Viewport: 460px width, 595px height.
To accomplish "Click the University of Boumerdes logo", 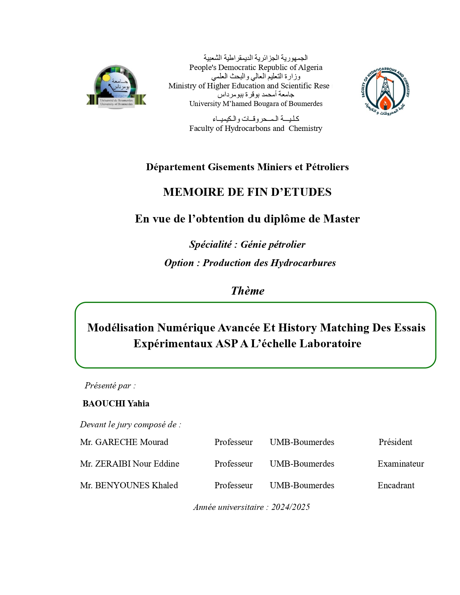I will (x=116, y=87).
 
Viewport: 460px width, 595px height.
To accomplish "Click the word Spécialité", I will (x=210, y=244).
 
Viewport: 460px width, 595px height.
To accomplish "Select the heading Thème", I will (x=247, y=291).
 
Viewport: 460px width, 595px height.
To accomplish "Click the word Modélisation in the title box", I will (x=121, y=327).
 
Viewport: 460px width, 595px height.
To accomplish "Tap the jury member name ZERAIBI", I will (x=112, y=464).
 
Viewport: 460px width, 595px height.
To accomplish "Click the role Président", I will (x=395, y=442).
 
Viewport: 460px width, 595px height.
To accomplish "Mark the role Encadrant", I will (x=396, y=485).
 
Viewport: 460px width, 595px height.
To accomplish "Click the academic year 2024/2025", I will (x=290, y=507).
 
